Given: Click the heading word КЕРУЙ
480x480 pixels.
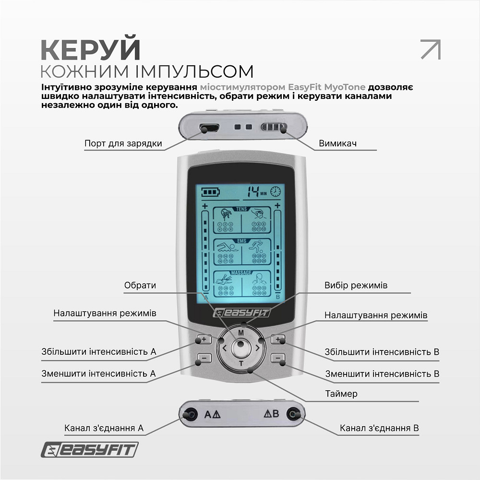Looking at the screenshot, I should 90,49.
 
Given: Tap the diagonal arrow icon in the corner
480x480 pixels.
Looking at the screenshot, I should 430,49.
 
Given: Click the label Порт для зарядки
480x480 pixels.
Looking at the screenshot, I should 123,144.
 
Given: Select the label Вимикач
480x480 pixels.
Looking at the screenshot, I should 337,144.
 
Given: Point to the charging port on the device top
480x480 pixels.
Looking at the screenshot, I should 210,128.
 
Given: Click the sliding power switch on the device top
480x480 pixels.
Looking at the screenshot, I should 273,128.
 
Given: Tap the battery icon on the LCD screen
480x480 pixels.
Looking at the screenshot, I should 209,192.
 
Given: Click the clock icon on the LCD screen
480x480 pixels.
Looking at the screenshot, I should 275,192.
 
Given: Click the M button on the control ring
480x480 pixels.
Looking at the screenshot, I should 241,332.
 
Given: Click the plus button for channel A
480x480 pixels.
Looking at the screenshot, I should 204,339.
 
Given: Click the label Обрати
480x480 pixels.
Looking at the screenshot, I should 140,286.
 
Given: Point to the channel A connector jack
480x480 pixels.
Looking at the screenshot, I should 190,414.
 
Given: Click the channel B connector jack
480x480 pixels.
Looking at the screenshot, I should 291,414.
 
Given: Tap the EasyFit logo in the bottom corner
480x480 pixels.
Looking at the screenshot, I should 89,450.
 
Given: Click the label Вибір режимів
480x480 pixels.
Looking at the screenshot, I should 356,286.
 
